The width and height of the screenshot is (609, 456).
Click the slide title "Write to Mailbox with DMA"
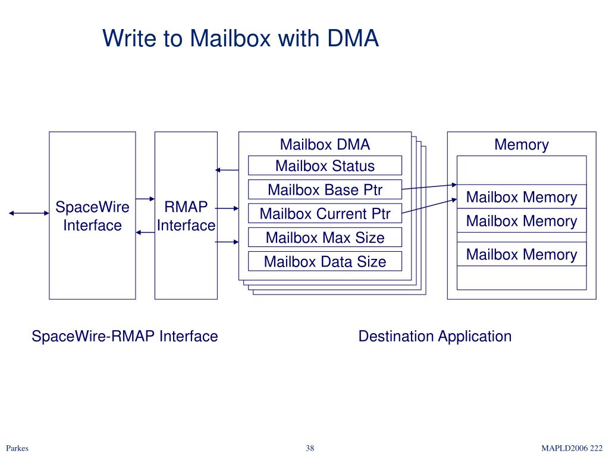(240, 38)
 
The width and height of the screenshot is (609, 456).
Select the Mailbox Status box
(325, 166)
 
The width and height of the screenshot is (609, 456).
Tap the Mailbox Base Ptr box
(325, 189)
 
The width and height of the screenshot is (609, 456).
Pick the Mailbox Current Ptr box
(325, 213)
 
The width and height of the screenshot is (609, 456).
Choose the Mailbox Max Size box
(325, 237)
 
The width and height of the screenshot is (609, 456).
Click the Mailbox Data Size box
(325, 261)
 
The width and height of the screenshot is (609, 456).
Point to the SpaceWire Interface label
(92, 216)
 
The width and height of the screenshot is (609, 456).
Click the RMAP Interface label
(186, 216)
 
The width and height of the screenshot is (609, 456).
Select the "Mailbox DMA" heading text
(325, 144)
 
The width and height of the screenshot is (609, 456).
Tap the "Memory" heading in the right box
(521, 144)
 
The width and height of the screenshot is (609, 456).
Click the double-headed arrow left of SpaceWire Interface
(29, 213)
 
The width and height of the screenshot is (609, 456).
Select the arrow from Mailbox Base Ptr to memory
(429, 187)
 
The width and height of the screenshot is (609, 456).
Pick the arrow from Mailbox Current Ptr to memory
(429, 206)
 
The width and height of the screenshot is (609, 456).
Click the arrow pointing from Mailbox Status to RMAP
(227, 170)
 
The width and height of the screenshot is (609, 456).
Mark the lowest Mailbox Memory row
(522, 254)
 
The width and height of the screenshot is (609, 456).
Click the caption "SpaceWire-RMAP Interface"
(125, 336)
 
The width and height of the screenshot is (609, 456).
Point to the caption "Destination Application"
(435, 336)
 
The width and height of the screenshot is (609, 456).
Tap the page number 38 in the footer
(309, 448)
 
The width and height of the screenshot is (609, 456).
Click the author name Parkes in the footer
(17, 448)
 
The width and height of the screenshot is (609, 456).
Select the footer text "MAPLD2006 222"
(572, 448)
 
